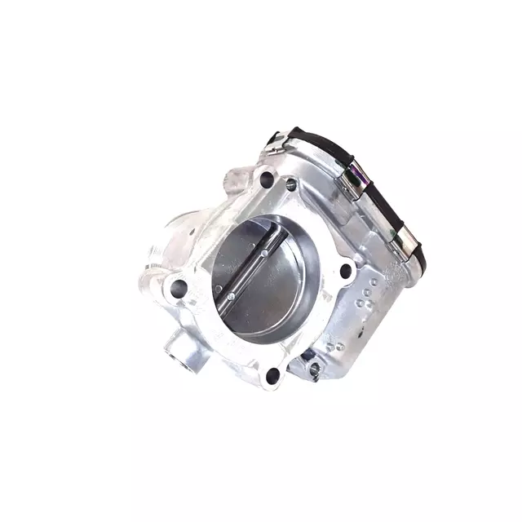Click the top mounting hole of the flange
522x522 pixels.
(x=267, y=179)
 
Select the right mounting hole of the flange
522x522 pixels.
(x=345, y=270)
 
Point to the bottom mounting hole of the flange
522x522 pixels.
(x=272, y=375)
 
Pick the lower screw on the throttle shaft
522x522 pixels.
(x=231, y=296)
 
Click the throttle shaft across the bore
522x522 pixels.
(x=249, y=274)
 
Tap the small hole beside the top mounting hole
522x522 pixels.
(x=291, y=186)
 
